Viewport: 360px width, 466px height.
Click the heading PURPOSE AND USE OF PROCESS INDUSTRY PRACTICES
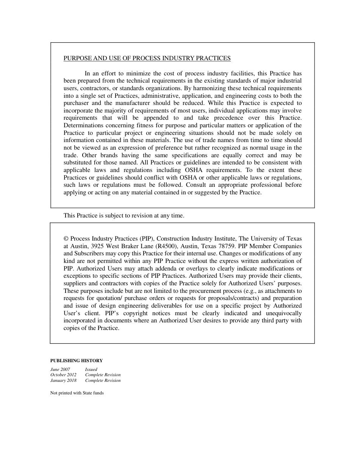pyautogui.click(x=147, y=58)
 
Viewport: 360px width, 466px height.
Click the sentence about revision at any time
pyautogui.click(x=124, y=216)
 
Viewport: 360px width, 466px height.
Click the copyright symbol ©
pyautogui.click(x=66, y=239)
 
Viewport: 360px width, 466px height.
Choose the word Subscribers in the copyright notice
pyautogui.click(x=90, y=253)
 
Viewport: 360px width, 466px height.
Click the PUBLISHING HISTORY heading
pyautogui.click(x=77, y=361)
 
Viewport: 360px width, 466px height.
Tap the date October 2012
pyautogui.click(x=63, y=375)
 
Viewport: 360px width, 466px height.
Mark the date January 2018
pyautogui.click(x=63, y=381)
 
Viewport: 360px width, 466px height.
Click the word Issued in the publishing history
pyautogui.click(x=91, y=369)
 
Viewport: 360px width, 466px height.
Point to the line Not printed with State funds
pyautogui.click(x=77, y=393)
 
